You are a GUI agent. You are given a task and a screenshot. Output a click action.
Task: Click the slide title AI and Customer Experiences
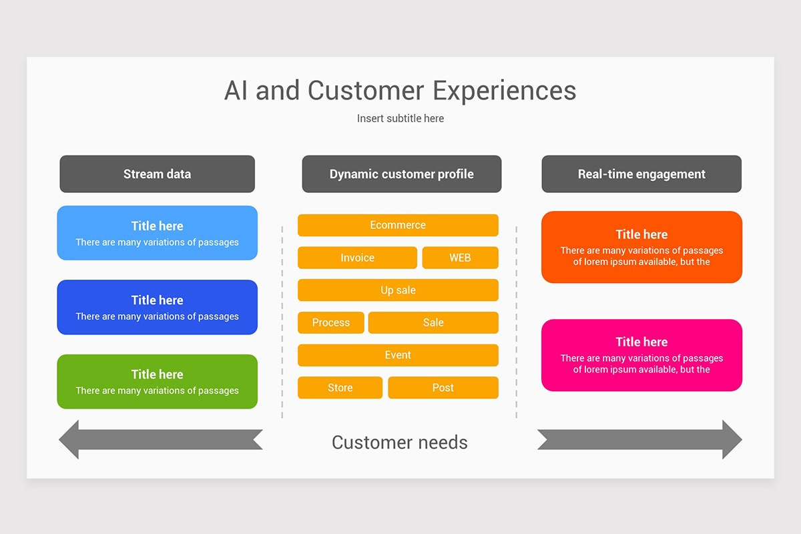pos(400,91)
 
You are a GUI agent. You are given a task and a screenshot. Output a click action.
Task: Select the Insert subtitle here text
pos(400,119)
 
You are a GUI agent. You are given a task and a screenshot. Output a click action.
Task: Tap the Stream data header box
pos(157,174)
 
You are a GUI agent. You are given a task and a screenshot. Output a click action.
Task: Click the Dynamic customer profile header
pos(401,174)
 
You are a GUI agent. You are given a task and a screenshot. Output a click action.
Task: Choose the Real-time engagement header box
pos(641,174)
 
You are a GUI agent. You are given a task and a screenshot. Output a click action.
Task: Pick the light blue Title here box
pos(157,233)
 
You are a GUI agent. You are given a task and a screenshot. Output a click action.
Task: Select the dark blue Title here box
pos(157,307)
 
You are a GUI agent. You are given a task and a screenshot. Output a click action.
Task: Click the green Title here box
pos(157,381)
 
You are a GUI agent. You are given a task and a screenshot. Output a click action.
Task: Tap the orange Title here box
pos(641,247)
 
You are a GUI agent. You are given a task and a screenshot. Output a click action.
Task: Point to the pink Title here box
pos(641,355)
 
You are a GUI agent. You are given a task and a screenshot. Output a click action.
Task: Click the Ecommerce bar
pos(398,225)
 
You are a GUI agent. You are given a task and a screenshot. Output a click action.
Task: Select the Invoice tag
pos(357,258)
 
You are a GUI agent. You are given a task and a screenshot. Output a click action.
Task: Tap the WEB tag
pos(460,258)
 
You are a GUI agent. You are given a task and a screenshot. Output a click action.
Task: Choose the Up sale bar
pos(398,290)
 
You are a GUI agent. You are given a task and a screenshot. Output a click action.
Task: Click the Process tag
pos(331,322)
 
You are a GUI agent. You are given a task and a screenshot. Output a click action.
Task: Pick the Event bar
pos(398,355)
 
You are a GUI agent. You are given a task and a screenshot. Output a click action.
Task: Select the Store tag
pos(340,388)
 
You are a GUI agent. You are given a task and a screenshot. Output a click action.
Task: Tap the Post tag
pos(443,388)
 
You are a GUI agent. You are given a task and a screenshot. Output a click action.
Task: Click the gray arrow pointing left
pos(160,440)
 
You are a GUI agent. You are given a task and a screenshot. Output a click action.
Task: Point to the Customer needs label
pos(400,443)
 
